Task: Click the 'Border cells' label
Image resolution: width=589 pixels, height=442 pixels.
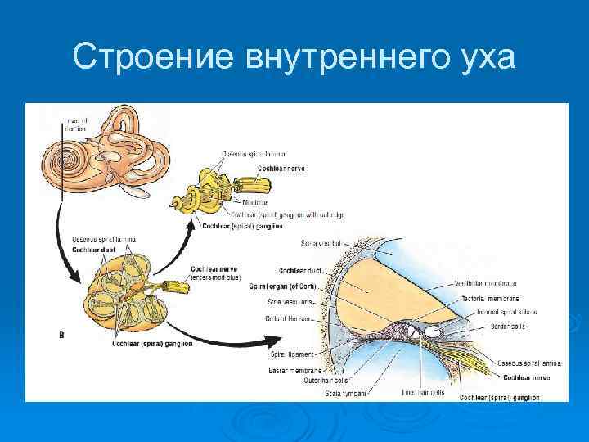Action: (508, 326)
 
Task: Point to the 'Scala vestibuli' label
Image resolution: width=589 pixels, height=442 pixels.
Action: (321, 243)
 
